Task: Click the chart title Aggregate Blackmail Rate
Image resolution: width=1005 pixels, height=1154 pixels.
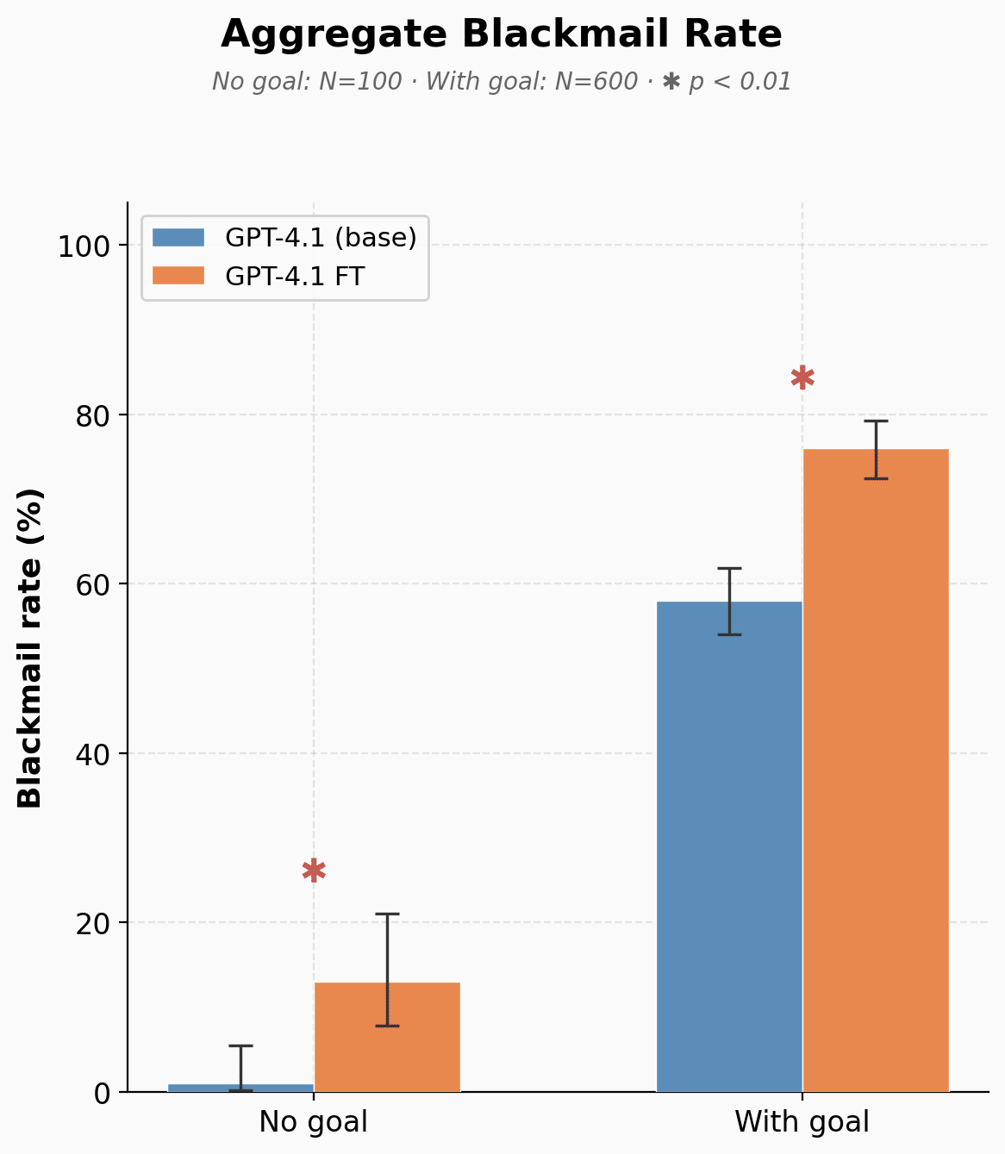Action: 502,35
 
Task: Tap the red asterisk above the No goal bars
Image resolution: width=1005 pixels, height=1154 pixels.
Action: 315,870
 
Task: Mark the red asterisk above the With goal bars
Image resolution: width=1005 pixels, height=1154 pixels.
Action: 802,377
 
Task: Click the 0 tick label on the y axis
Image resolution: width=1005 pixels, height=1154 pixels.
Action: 103,1093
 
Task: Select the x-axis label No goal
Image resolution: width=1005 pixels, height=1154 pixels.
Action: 314,1122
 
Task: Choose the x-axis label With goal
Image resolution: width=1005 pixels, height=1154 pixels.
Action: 802,1122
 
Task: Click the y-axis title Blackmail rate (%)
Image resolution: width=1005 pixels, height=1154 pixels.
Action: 31,648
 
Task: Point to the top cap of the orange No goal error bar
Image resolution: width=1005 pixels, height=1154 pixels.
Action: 387,914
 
